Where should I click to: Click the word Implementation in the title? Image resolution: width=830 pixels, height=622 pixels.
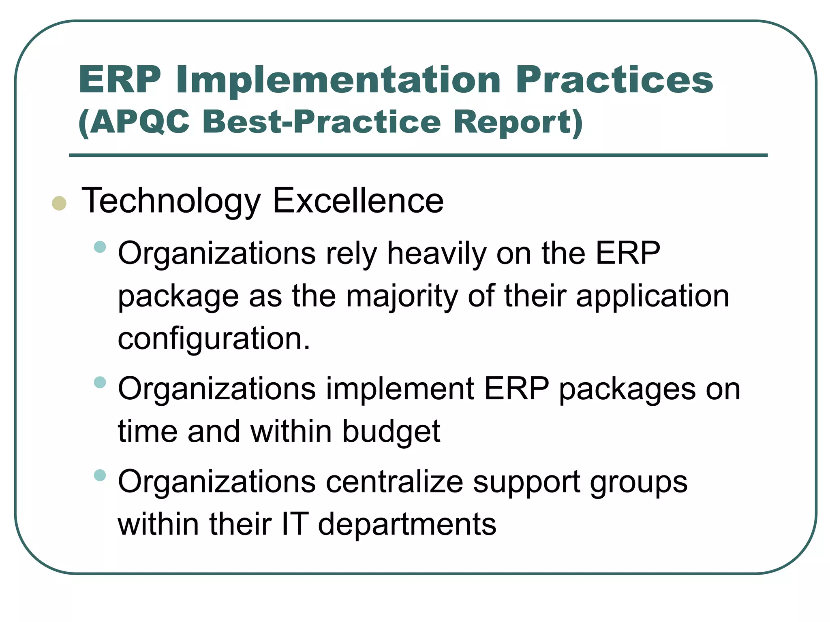(338, 81)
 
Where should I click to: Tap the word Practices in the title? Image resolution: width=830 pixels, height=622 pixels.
(614, 80)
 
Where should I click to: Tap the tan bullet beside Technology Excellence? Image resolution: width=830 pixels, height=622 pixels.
(59, 203)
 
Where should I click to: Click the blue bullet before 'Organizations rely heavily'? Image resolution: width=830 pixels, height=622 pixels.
(100, 247)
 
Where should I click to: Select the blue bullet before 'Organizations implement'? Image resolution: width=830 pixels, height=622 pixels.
(100, 382)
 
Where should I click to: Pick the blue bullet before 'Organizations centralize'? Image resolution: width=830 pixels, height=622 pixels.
(100, 475)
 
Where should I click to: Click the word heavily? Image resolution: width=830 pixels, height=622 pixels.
(436, 254)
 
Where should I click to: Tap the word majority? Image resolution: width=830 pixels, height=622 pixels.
(402, 296)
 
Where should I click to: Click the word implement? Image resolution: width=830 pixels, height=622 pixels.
(400, 389)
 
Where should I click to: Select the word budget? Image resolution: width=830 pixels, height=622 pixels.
(391, 431)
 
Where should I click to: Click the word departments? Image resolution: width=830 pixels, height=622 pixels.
(407, 524)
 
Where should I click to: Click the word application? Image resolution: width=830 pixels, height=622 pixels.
(652, 296)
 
